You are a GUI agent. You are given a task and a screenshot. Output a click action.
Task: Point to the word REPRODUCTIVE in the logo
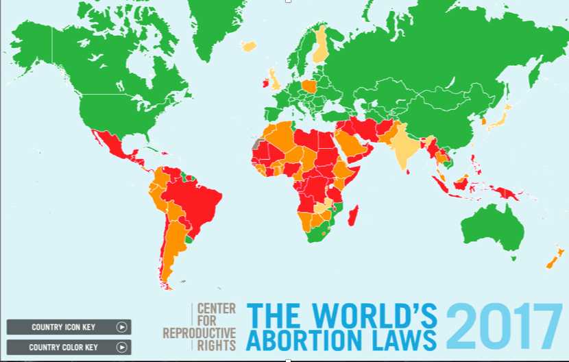[199, 333]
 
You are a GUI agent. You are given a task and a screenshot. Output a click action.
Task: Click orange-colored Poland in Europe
[308, 86]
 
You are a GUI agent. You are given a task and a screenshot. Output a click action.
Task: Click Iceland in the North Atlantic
[248, 47]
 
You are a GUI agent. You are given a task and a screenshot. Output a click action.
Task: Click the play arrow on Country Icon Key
[121, 327]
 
